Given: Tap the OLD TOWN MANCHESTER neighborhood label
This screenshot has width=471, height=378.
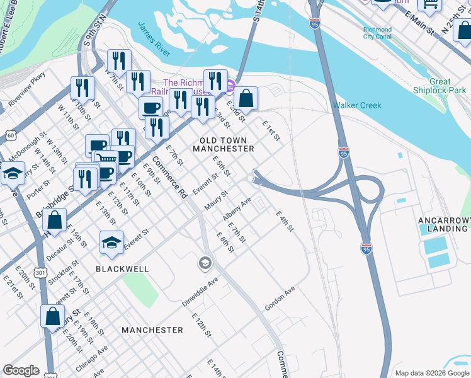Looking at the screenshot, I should [227, 144].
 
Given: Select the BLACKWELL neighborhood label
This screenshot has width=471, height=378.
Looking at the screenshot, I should [122, 268].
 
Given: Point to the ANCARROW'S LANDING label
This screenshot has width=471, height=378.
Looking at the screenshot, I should [443, 224].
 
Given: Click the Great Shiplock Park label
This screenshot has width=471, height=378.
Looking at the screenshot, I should [448, 86].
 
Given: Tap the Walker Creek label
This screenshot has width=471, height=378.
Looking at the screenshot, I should [357, 105].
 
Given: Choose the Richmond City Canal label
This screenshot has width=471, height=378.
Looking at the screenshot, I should [377, 33].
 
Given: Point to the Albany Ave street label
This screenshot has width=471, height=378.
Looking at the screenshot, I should [237, 209].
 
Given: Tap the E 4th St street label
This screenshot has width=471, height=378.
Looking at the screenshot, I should [285, 220].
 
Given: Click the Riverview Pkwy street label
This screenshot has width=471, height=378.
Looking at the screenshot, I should [27, 88].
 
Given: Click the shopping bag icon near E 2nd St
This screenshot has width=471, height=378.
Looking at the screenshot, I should [247, 99].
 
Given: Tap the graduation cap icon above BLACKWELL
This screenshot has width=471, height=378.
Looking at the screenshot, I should [111, 243].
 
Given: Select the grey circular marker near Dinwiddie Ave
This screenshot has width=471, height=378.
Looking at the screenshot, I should [205, 263].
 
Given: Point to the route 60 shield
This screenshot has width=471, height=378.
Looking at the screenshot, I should [10, 135].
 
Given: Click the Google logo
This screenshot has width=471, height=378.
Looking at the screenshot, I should [21, 370].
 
